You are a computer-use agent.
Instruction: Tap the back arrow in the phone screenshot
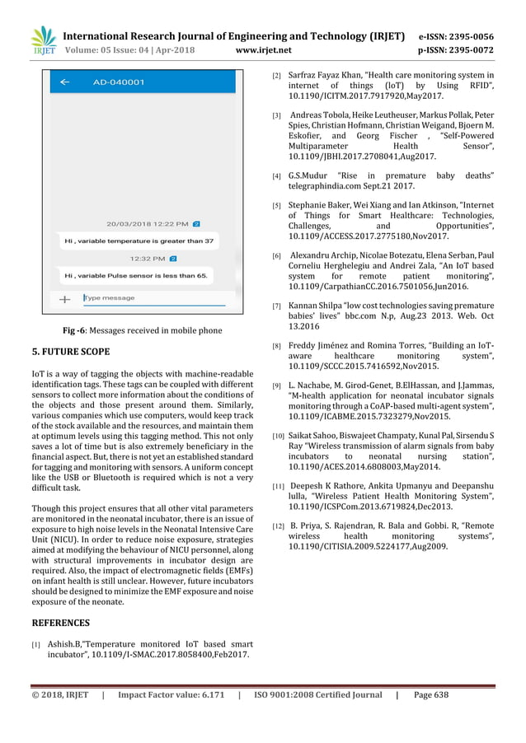coord(65,82)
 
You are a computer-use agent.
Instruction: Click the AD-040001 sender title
coord(118,82)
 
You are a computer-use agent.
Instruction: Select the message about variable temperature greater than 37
coord(139,241)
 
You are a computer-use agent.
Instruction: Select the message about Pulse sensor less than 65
coord(136,274)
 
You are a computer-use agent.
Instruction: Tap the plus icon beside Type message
coord(65,299)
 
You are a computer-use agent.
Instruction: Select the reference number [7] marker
coord(277,306)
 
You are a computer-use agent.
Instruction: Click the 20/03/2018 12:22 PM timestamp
coord(148,223)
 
